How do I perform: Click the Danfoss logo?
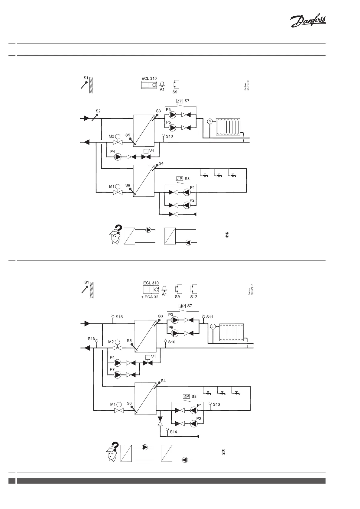click(308, 22)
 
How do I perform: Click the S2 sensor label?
click(98, 111)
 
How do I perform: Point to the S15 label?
click(119, 317)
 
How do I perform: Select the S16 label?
click(91, 339)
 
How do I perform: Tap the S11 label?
click(210, 317)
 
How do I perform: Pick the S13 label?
click(216, 404)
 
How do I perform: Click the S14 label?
click(173, 432)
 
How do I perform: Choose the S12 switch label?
click(194, 297)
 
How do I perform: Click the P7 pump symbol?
click(117, 375)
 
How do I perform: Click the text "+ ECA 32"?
click(150, 297)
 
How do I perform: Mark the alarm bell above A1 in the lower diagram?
click(164, 288)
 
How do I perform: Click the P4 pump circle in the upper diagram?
click(118, 157)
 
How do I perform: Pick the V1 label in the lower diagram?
click(154, 357)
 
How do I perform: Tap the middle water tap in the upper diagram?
click(219, 175)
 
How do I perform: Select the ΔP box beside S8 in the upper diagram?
click(180, 179)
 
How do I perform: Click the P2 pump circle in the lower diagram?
click(193, 423)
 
